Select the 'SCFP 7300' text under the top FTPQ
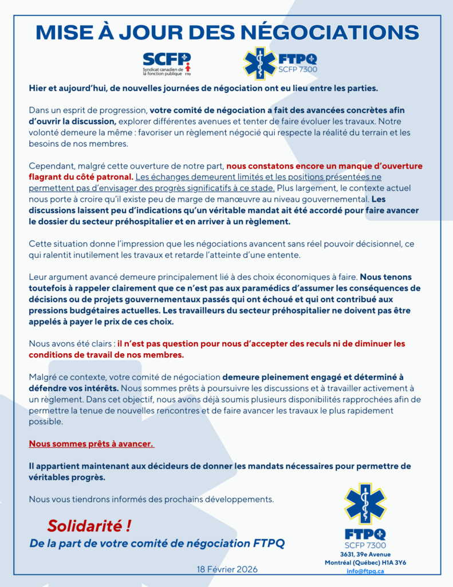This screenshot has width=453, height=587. click(x=297, y=70)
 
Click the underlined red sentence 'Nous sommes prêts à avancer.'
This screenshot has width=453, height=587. click(x=91, y=444)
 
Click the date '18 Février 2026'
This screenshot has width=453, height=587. click(x=227, y=569)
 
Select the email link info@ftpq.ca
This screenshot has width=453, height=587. click(x=365, y=571)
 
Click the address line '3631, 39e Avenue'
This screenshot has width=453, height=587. click(x=365, y=554)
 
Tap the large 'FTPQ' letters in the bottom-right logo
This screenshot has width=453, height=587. click(x=365, y=534)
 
